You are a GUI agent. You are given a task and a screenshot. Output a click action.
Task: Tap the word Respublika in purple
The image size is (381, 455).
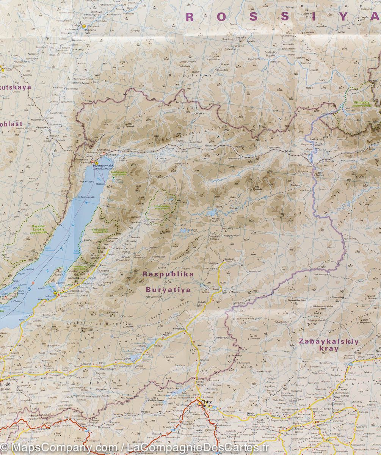[x=168, y=274]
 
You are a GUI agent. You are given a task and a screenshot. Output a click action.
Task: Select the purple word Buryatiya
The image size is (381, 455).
[x=168, y=290]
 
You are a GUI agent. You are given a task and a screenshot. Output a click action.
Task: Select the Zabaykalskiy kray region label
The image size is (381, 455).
[x=323, y=345]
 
